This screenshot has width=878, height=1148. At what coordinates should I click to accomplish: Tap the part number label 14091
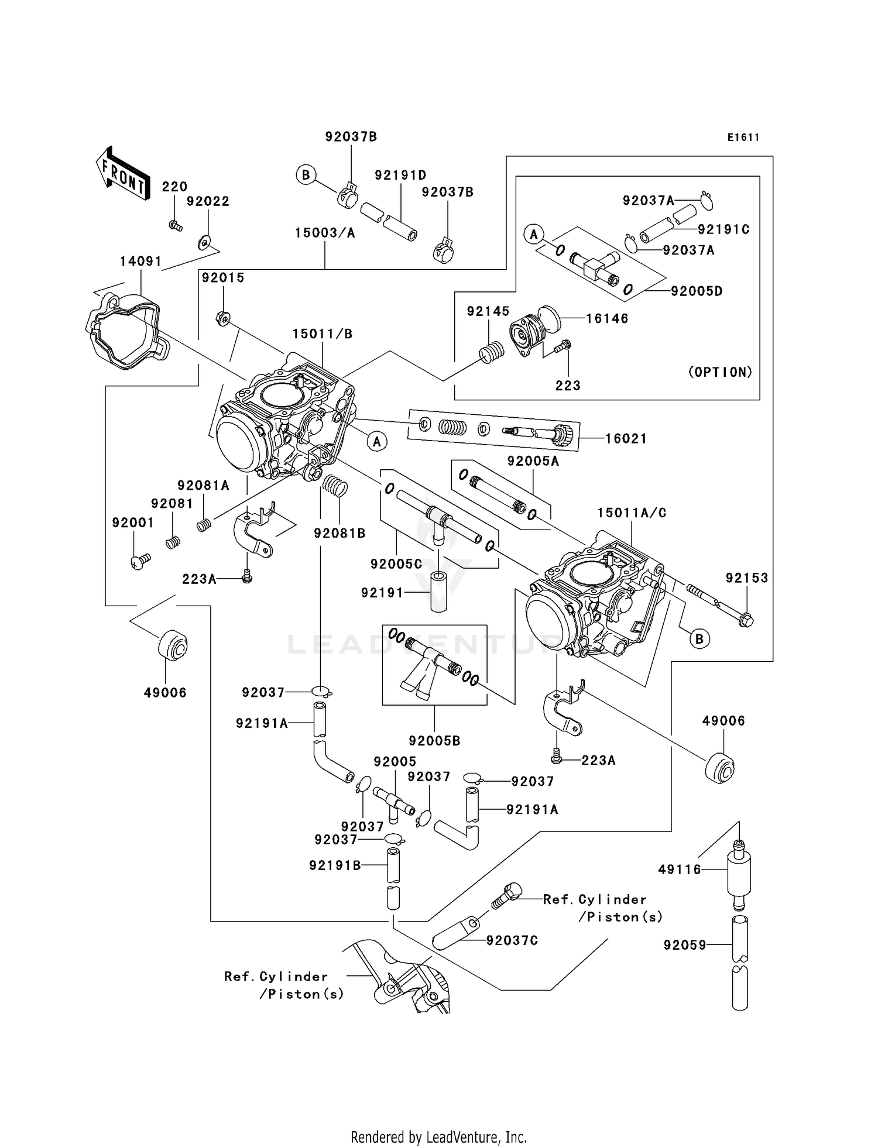click(140, 261)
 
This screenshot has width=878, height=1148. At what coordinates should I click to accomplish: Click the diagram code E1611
click(743, 138)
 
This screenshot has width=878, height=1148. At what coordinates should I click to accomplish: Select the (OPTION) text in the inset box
click(720, 372)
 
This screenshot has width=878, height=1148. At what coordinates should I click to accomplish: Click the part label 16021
click(626, 439)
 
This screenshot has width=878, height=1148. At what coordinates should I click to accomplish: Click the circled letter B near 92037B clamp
click(306, 175)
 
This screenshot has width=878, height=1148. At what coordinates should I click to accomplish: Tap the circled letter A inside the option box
click(533, 235)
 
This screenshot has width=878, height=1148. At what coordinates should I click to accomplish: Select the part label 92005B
click(434, 741)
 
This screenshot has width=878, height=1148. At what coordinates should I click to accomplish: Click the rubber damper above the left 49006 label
click(172, 646)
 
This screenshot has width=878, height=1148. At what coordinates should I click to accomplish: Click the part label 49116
click(679, 869)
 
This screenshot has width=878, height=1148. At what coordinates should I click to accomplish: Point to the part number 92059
click(685, 945)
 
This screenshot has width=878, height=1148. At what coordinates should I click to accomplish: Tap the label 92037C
click(512, 940)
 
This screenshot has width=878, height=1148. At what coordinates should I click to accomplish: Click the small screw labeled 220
click(175, 225)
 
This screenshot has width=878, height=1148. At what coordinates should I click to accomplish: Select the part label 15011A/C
click(632, 513)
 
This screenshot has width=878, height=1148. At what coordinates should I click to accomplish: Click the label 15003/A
click(325, 233)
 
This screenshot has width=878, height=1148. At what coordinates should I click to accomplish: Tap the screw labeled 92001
click(139, 562)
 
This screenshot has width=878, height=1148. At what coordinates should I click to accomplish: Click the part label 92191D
click(400, 175)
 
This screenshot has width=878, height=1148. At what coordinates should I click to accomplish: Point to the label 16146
click(607, 318)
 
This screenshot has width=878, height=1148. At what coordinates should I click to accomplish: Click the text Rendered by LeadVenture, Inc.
click(438, 1137)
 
